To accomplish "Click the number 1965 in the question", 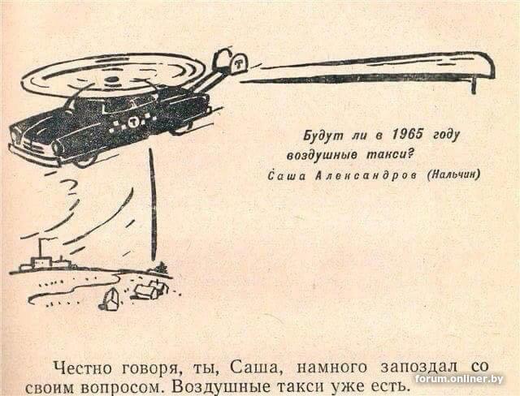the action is click(408, 135).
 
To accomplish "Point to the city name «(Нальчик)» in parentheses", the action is click(453, 174).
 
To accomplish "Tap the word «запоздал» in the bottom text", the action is click(419, 368).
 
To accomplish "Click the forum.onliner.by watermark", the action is click(459, 379).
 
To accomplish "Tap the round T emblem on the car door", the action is click(133, 123).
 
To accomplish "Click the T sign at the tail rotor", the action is click(237, 63).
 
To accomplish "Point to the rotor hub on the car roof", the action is click(113, 80).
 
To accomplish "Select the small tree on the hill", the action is click(162, 268).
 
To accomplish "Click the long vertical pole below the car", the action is click(153, 204).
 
